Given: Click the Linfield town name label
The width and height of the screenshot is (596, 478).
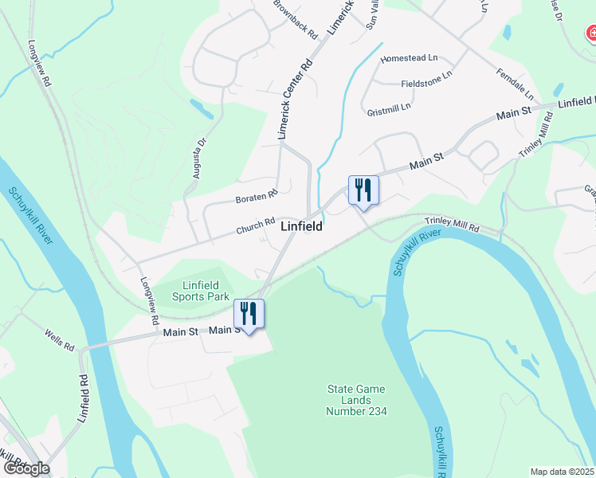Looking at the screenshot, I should point(302,226).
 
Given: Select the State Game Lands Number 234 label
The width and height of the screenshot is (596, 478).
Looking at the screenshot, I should point(356,400).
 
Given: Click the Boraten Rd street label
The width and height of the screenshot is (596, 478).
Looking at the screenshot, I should point(256,195).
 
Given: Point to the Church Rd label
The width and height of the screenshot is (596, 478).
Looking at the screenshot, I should point(255,227).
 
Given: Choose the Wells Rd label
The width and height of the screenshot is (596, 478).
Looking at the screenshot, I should point(59,343).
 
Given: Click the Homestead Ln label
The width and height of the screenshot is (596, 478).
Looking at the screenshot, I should point(410,59).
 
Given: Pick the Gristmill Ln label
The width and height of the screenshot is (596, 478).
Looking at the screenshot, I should point(389,107).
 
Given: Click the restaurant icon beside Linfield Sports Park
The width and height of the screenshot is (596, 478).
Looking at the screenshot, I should point(249,312).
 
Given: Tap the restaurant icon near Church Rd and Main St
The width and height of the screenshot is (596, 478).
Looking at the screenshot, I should point(363,190).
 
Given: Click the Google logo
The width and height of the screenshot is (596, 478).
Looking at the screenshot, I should point(25,468).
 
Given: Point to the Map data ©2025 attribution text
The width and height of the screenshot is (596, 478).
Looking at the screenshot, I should point(562,472).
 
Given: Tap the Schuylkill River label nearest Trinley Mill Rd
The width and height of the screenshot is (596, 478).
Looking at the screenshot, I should point(416,252).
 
